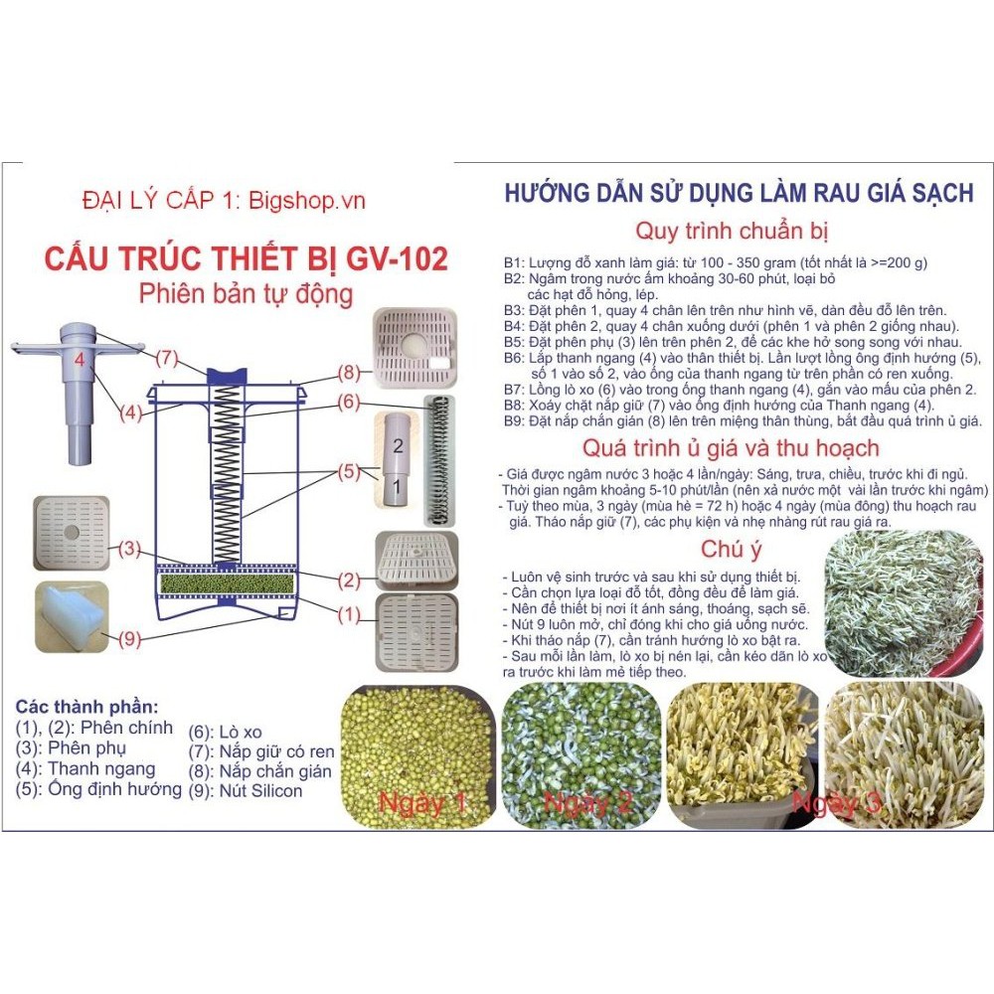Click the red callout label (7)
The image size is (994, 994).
(x=167, y=358)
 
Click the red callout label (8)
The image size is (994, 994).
(x=349, y=372)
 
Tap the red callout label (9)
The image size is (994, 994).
(x=129, y=638)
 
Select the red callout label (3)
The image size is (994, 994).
(x=129, y=549)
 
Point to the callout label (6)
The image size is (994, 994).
(x=349, y=402)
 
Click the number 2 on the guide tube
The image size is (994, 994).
(x=399, y=445)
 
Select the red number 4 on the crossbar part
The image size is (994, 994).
(x=80, y=360)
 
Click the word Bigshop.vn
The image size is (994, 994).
(x=307, y=201)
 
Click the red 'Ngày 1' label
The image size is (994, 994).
(x=422, y=803)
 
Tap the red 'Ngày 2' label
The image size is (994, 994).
(x=588, y=803)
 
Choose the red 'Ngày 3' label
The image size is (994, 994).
(x=837, y=803)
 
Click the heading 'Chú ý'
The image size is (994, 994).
(x=731, y=550)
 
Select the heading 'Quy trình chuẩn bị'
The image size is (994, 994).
(x=733, y=231)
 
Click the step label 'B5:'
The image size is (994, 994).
(x=514, y=342)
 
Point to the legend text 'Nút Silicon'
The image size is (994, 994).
(x=260, y=791)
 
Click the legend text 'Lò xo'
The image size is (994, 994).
(x=241, y=733)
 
